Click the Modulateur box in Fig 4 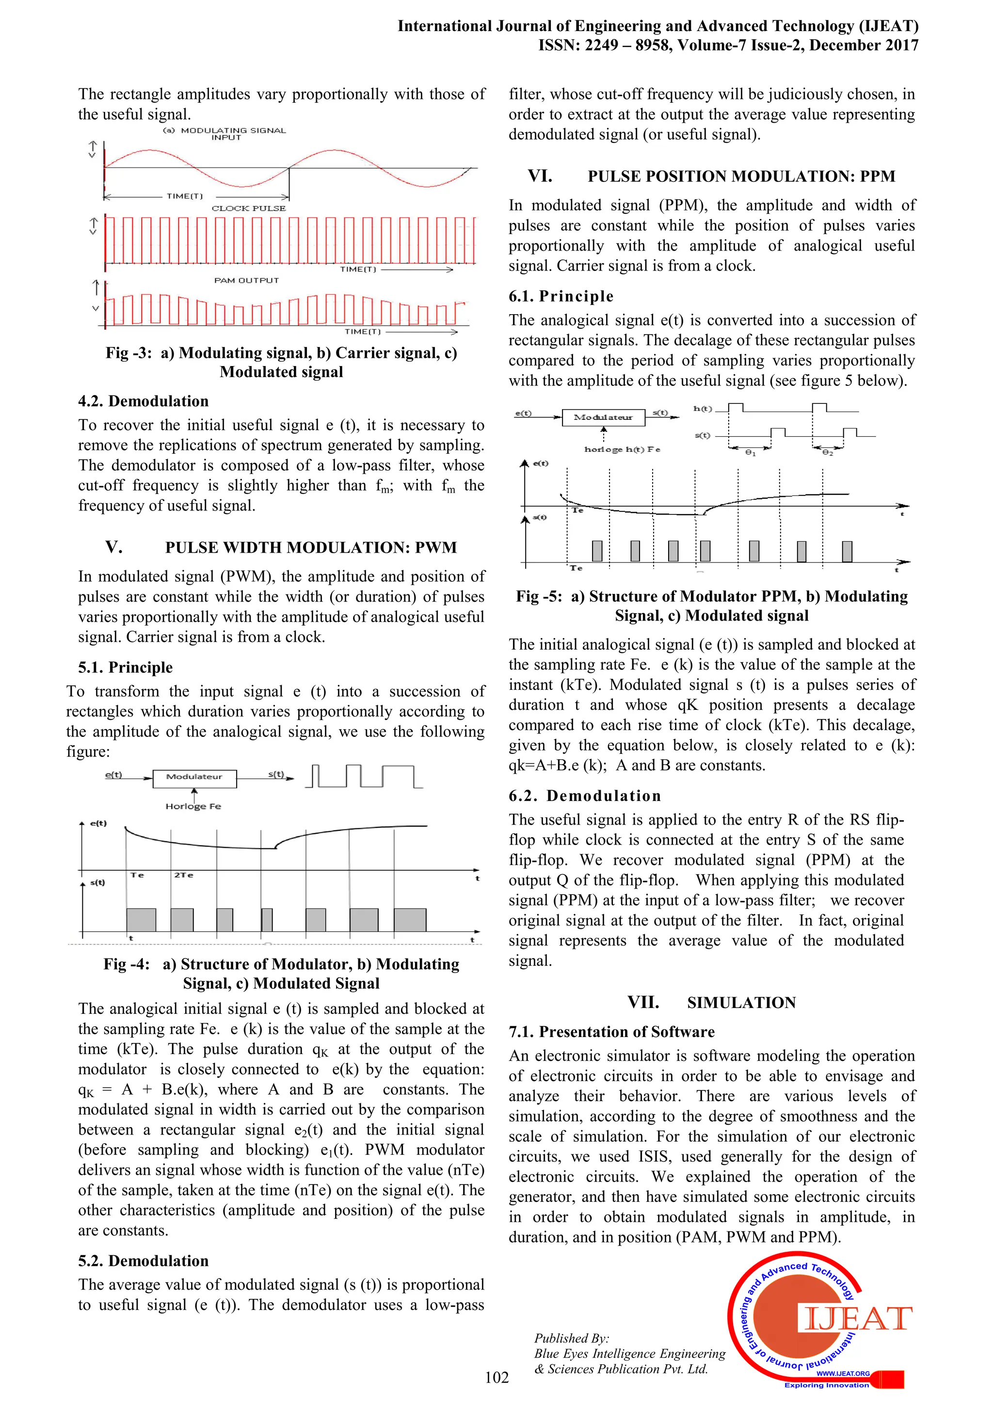[194, 777]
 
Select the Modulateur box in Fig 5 [603, 417]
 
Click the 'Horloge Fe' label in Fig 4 [193, 807]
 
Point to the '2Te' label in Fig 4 [184, 875]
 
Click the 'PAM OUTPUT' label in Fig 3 [247, 280]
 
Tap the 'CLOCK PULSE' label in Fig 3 [248, 208]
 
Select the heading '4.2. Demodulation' [143, 401]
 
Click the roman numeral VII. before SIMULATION [643, 1002]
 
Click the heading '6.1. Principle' [561, 296]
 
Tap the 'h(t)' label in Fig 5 [703, 408]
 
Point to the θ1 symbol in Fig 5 [751, 453]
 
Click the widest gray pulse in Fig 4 [410, 920]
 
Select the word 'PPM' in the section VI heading [878, 176]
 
